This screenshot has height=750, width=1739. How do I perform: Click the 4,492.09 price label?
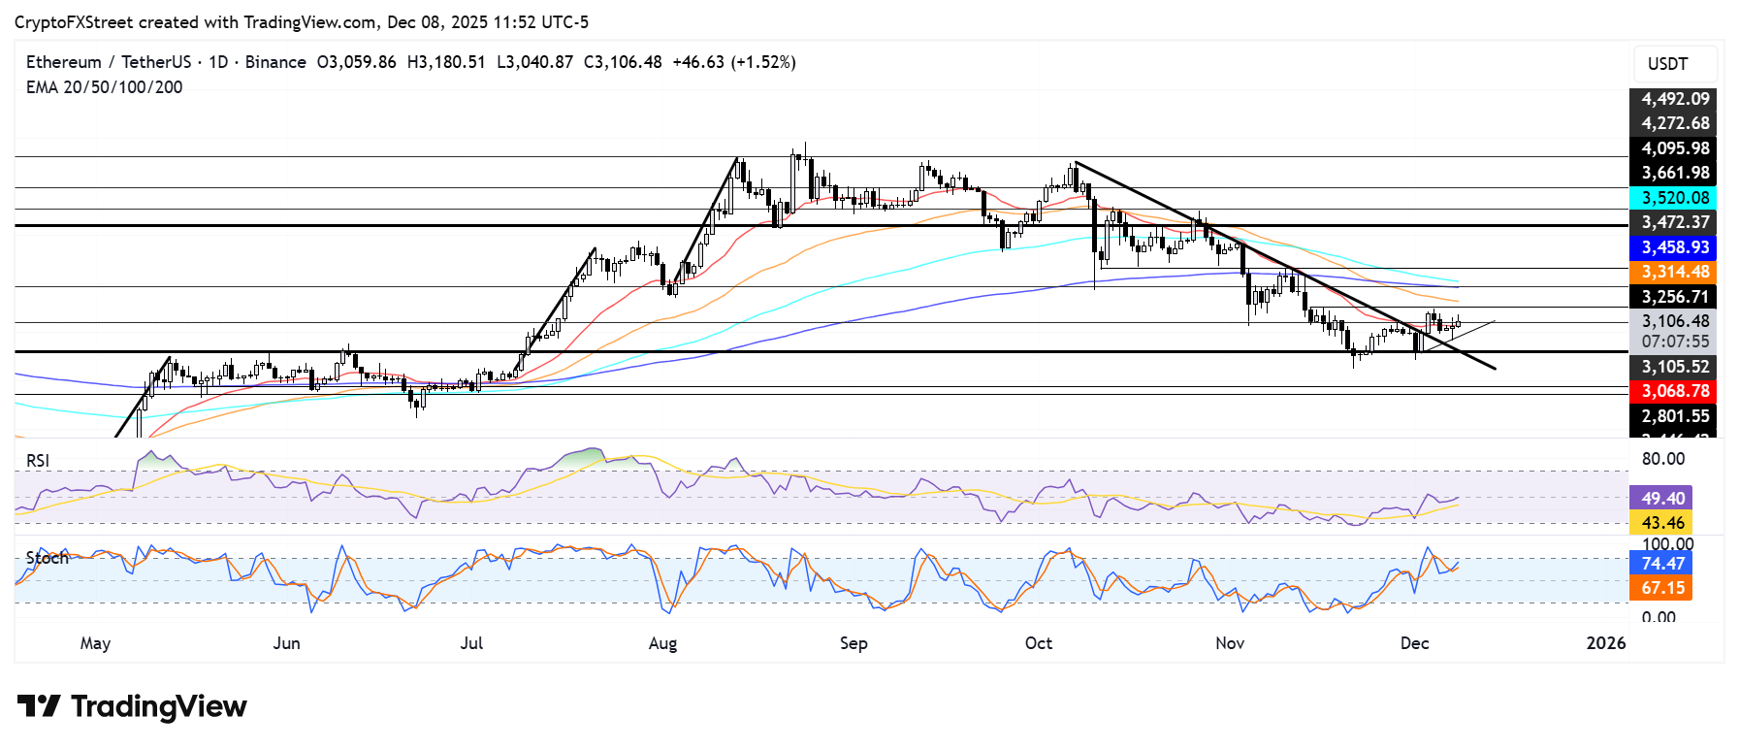[x=1674, y=99]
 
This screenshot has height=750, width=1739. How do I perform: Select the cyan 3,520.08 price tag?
[x=1674, y=198]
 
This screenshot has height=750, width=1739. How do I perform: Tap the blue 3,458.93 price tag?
[x=1674, y=247]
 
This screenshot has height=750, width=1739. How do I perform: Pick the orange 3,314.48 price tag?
[x=1674, y=273]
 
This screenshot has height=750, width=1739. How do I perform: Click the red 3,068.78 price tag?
[x=1674, y=391]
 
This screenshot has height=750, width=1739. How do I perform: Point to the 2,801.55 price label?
[x=1674, y=416]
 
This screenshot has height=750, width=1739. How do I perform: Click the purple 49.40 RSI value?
[x=1662, y=499]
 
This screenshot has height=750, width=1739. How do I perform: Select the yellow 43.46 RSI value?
[x=1662, y=523]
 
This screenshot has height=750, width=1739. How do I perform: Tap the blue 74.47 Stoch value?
[x=1662, y=564]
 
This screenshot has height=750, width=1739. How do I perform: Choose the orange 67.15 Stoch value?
[x=1662, y=588]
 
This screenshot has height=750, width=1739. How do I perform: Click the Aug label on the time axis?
[x=662, y=643]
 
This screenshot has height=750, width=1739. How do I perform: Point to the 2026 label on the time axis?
[x=1605, y=643]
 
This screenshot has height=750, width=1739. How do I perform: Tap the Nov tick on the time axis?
[x=1229, y=643]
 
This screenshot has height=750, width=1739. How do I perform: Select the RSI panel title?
[x=38, y=461]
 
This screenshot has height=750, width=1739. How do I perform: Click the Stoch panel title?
[x=47, y=558]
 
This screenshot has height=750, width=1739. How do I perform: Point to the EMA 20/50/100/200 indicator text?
[x=104, y=87]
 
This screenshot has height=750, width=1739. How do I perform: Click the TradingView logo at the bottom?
[x=132, y=706]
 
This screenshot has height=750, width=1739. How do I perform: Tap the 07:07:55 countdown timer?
[x=1674, y=342]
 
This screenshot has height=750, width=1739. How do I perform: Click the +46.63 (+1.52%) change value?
[x=733, y=62]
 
